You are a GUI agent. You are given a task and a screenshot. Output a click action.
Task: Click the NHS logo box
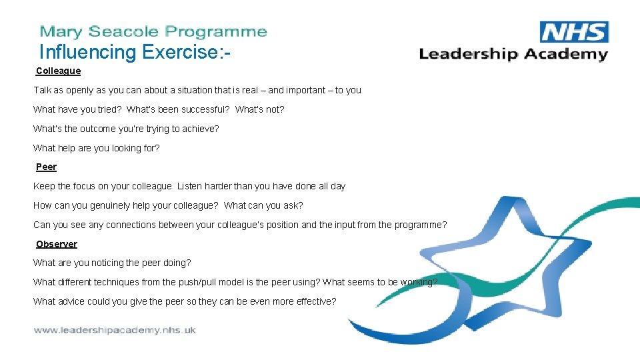point(573,32)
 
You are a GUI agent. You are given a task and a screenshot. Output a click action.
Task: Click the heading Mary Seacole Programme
point(153,31)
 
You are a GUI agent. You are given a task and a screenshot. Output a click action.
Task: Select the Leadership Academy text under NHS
point(513,54)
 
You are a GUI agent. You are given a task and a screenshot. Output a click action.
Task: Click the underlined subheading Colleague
point(58,71)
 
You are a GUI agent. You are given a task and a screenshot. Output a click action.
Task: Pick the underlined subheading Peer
point(46,167)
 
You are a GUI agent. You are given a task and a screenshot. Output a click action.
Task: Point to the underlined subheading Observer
point(56,244)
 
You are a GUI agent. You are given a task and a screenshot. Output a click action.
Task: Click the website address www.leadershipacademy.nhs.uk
point(115,330)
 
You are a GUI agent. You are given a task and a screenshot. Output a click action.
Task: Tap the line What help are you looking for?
point(97,148)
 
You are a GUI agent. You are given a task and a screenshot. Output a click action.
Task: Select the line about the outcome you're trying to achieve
point(126,129)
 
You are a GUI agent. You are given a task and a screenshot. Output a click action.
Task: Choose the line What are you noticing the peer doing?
point(112,263)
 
